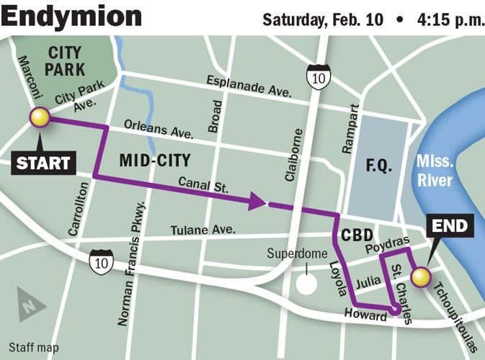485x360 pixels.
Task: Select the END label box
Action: click(449, 227)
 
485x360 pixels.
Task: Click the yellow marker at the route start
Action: click(39, 117)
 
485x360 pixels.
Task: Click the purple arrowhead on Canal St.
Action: click(257, 202)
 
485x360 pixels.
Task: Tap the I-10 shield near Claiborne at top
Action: click(318, 76)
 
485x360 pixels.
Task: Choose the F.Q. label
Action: click(379, 166)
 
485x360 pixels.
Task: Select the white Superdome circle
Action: click(306, 283)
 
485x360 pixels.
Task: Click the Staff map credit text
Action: click(34, 348)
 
